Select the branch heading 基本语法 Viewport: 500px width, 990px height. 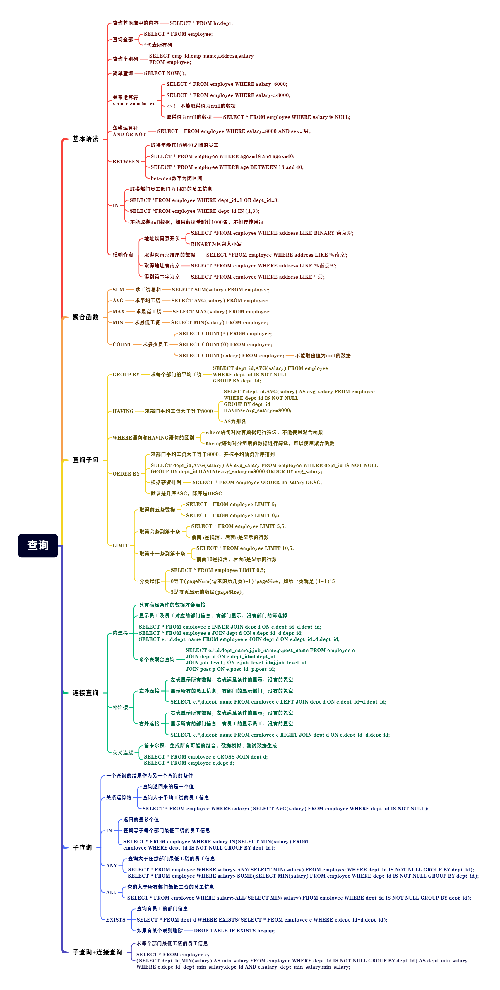click(x=85, y=139)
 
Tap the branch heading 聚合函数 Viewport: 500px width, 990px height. click(x=85, y=317)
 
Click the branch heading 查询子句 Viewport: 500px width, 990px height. click(x=85, y=460)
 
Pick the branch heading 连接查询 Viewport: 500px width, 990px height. click(x=85, y=693)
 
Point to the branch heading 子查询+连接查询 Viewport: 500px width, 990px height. click(x=97, y=952)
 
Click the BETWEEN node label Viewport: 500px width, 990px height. click(x=126, y=162)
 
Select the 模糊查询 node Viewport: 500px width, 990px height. click(x=123, y=255)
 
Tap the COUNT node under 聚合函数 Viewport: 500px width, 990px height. click(x=122, y=345)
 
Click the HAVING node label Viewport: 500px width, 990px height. click(x=123, y=411)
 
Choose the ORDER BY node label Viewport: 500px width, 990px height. click(x=126, y=474)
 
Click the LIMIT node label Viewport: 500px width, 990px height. click(x=120, y=545)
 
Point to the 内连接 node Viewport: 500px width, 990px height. click(x=120, y=633)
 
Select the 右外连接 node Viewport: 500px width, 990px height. click(x=149, y=724)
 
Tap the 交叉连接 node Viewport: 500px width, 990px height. click(x=123, y=752)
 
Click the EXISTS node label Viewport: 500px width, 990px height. click(x=116, y=920)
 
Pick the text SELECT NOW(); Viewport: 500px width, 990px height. click(x=165, y=73)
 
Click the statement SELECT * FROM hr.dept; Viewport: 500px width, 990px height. click(x=201, y=23)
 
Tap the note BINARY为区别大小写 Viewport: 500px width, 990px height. click(x=216, y=244)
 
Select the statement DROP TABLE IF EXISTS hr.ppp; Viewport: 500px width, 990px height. click(x=234, y=931)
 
